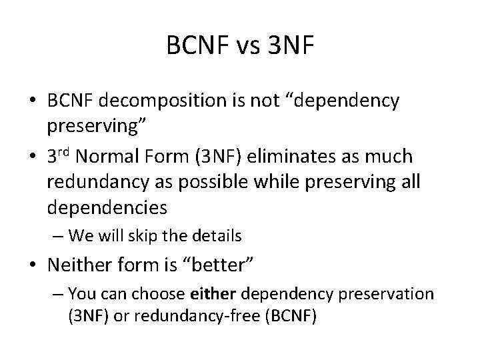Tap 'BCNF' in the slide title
click(197, 47)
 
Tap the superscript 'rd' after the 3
click(65, 153)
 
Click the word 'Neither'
click(78, 266)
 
